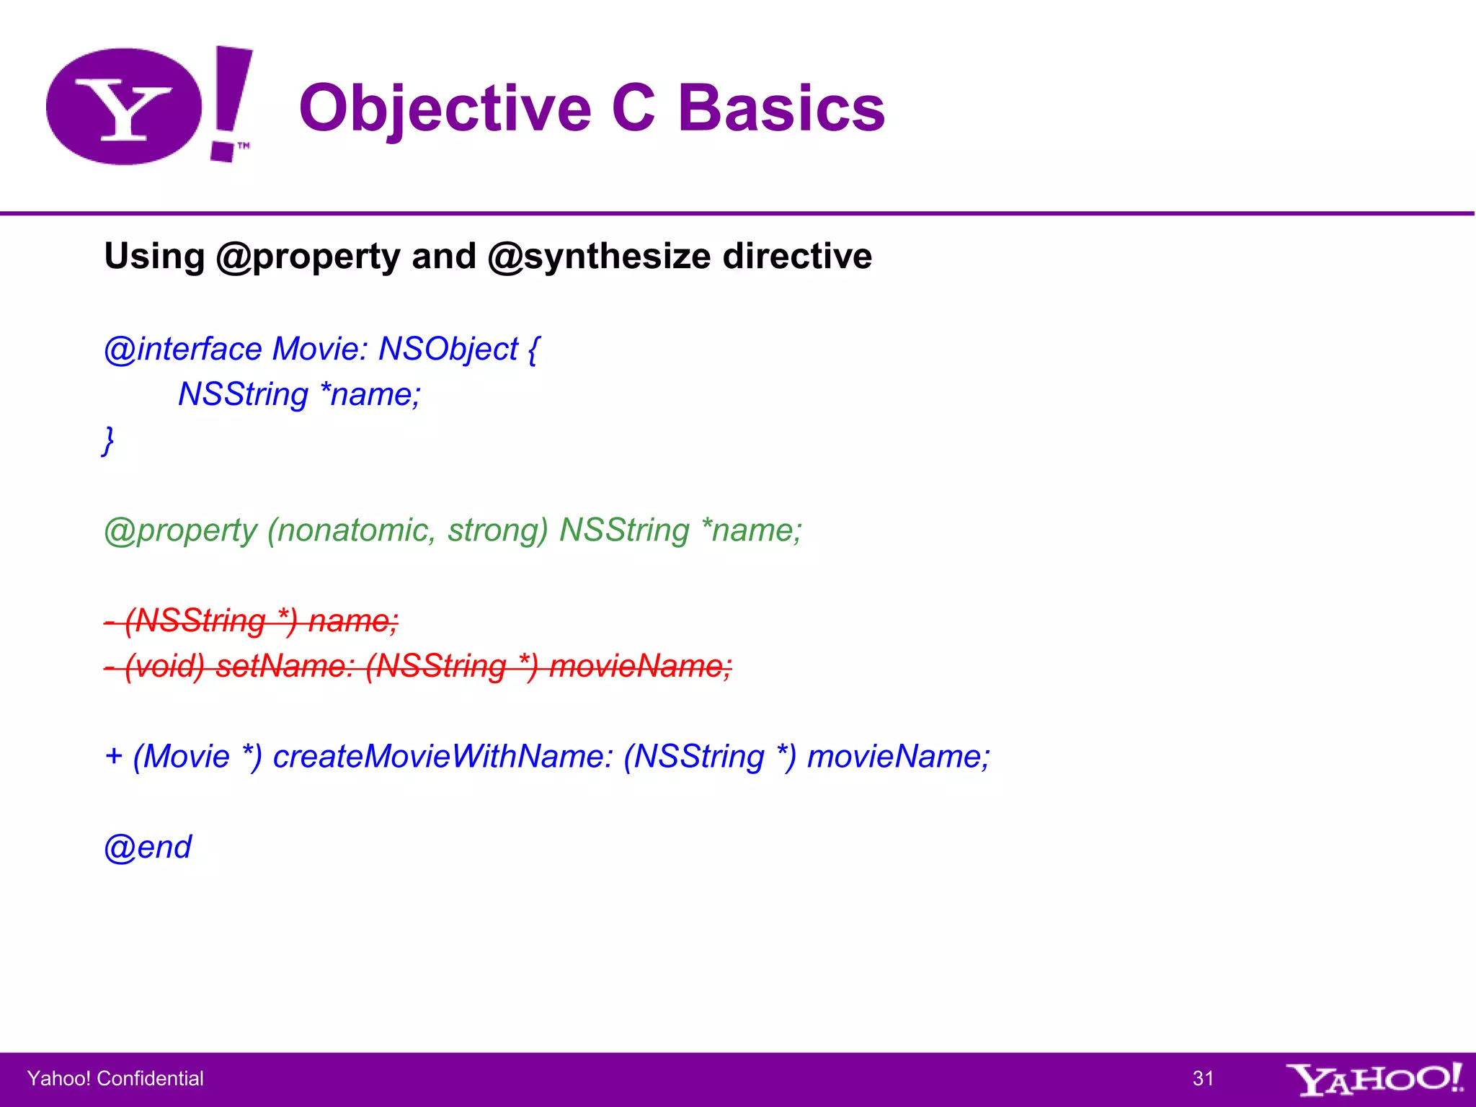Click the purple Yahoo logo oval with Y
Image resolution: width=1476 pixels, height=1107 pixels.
[124, 107]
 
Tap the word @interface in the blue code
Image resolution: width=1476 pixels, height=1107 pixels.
[183, 350]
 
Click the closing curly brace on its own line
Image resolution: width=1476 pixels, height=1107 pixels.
[108, 440]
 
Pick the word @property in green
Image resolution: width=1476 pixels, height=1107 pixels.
[180, 531]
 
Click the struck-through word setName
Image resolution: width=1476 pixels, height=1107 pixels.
[284, 666]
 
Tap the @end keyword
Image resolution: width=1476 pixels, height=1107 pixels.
[148, 848]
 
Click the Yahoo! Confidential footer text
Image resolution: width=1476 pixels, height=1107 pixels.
[115, 1078]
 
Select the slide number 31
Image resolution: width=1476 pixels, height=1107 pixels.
[1203, 1078]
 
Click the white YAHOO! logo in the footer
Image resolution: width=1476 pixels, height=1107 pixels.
[1374, 1079]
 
